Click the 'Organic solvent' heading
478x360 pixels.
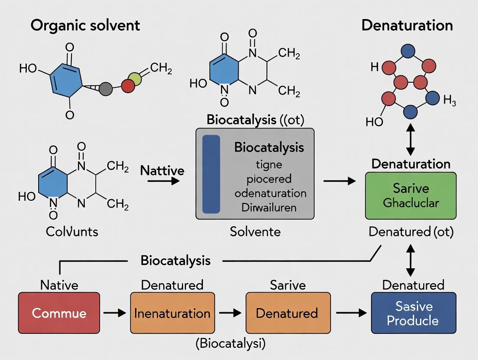click(x=85, y=25)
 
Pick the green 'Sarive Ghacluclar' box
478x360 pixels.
click(x=410, y=195)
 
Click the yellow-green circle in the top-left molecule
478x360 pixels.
click(x=135, y=79)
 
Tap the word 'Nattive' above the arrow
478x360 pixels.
click(x=162, y=170)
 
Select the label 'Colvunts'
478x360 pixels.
click(x=72, y=231)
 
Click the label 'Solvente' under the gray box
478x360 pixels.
click(x=255, y=231)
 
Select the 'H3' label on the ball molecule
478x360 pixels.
click(x=449, y=101)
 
